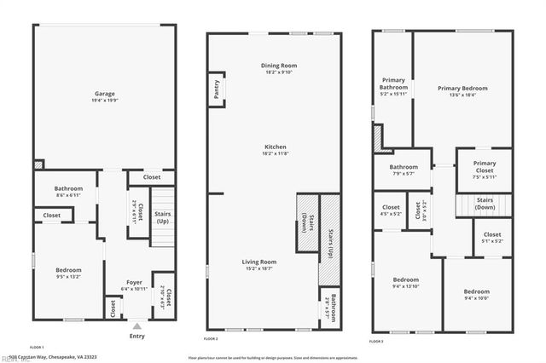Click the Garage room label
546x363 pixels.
tap(105, 94)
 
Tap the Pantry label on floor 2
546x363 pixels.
tap(216, 90)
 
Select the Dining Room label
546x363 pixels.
tap(279, 66)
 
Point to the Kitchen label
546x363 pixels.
tap(275, 147)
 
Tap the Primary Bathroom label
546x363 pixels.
tap(393, 84)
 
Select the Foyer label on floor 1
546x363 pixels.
tap(135, 282)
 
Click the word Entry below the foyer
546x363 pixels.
tap(136, 336)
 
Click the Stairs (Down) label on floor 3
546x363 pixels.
tap(485, 203)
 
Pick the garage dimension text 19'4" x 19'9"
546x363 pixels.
tap(105, 101)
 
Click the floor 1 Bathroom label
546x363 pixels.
tap(68, 188)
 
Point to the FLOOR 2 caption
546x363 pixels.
tap(211, 339)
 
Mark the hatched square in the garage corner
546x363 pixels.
tap(38, 164)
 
